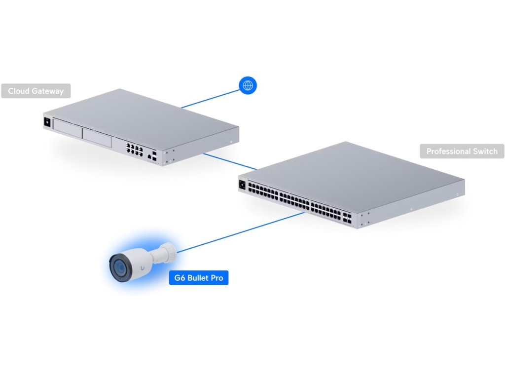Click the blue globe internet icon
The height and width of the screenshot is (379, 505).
tap(248, 85)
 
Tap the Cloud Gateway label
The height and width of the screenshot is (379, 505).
tap(36, 91)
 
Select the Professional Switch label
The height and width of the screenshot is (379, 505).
tap(462, 151)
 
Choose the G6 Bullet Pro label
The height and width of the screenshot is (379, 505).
tap(199, 278)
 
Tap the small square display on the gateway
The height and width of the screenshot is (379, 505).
tap(48, 122)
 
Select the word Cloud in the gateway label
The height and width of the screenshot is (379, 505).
tap(19, 91)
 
